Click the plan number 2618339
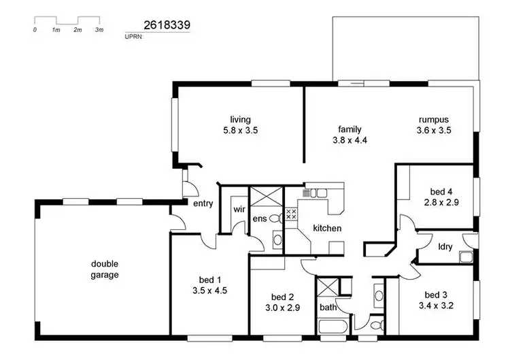(167, 24)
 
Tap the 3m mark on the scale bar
(99, 31)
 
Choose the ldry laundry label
(445, 246)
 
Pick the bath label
(328, 308)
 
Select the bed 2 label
(282, 297)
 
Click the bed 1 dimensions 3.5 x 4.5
(209, 290)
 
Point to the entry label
(203, 203)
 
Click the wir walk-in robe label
(239, 209)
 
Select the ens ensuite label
(260, 218)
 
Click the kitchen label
(327, 228)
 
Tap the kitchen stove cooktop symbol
(292, 214)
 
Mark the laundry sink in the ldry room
(466, 257)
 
